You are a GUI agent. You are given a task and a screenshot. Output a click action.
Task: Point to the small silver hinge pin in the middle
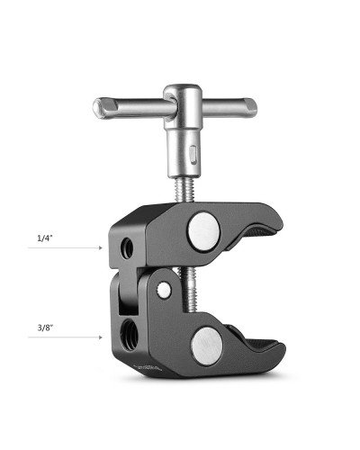click(x=165, y=290)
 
